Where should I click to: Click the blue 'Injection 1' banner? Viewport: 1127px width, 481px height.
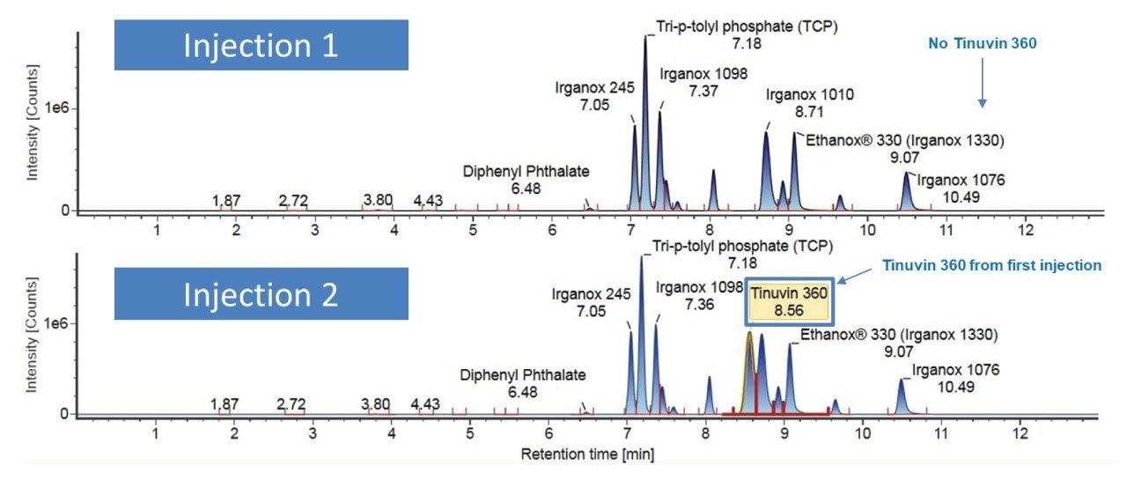click(261, 45)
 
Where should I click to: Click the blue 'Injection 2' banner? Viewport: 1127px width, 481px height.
click(261, 294)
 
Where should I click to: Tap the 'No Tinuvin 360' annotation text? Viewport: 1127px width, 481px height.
click(983, 42)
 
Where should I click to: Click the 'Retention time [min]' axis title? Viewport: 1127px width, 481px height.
click(587, 455)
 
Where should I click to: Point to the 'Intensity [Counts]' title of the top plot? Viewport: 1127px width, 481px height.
click(33, 129)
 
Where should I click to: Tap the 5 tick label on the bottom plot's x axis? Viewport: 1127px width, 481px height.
click(470, 433)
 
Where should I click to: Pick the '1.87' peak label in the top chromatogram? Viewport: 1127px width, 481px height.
click(226, 201)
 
